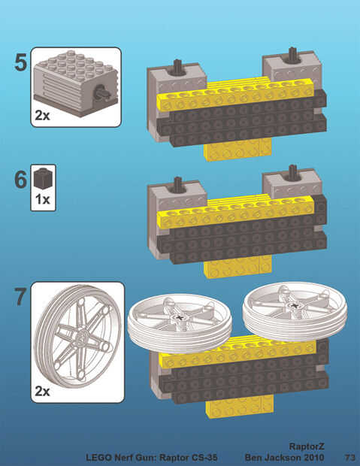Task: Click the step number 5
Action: tap(21, 62)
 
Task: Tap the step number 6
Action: tap(20, 180)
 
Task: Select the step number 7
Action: tap(20, 297)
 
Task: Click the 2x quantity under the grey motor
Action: tap(43, 115)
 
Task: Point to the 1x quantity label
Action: tap(43, 199)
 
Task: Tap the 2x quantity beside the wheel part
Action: tap(43, 391)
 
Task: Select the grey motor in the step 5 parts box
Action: tap(75, 83)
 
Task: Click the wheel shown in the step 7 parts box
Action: tap(77, 337)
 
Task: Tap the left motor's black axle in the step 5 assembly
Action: tap(178, 67)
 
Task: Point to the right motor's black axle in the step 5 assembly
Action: tap(292, 56)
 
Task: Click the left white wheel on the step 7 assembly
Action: tap(180, 323)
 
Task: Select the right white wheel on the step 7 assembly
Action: tap(295, 311)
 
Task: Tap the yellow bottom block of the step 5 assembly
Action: tap(237, 150)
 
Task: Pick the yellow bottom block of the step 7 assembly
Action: tap(240, 407)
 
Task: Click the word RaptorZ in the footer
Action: tap(307, 446)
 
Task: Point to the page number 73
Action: tap(350, 457)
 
